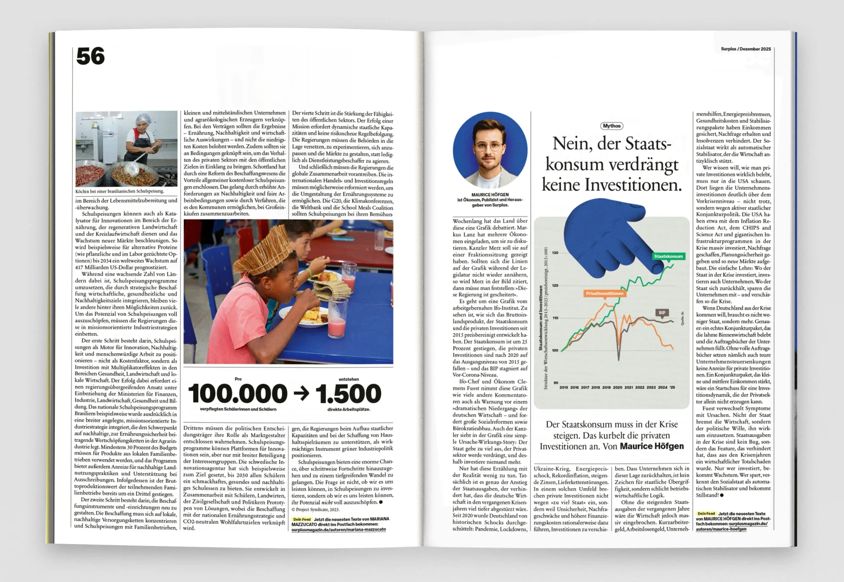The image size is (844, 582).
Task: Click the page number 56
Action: tap(90, 57)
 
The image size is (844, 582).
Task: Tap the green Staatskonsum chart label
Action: tap(668, 256)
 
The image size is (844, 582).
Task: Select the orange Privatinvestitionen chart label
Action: tap(604, 293)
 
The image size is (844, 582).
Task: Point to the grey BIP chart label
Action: tap(662, 313)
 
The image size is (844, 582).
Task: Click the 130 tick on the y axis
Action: tap(555, 253)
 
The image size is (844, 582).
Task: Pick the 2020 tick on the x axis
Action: tap(617, 387)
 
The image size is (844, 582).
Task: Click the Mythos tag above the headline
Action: tap(611, 126)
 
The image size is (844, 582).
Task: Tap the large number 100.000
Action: tap(238, 394)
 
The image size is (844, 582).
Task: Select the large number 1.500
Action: tap(348, 394)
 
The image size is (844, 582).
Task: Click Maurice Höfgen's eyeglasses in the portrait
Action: tap(489, 146)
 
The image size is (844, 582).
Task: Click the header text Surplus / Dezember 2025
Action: tap(746, 49)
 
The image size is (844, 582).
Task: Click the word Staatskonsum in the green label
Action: tap(668, 256)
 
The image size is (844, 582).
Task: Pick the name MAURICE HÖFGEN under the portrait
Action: tap(490, 195)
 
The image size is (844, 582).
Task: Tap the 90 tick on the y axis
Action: tap(555, 383)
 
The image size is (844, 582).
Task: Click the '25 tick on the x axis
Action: tap(672, 387)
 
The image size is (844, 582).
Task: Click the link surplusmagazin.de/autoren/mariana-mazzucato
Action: tap(338, 529)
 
